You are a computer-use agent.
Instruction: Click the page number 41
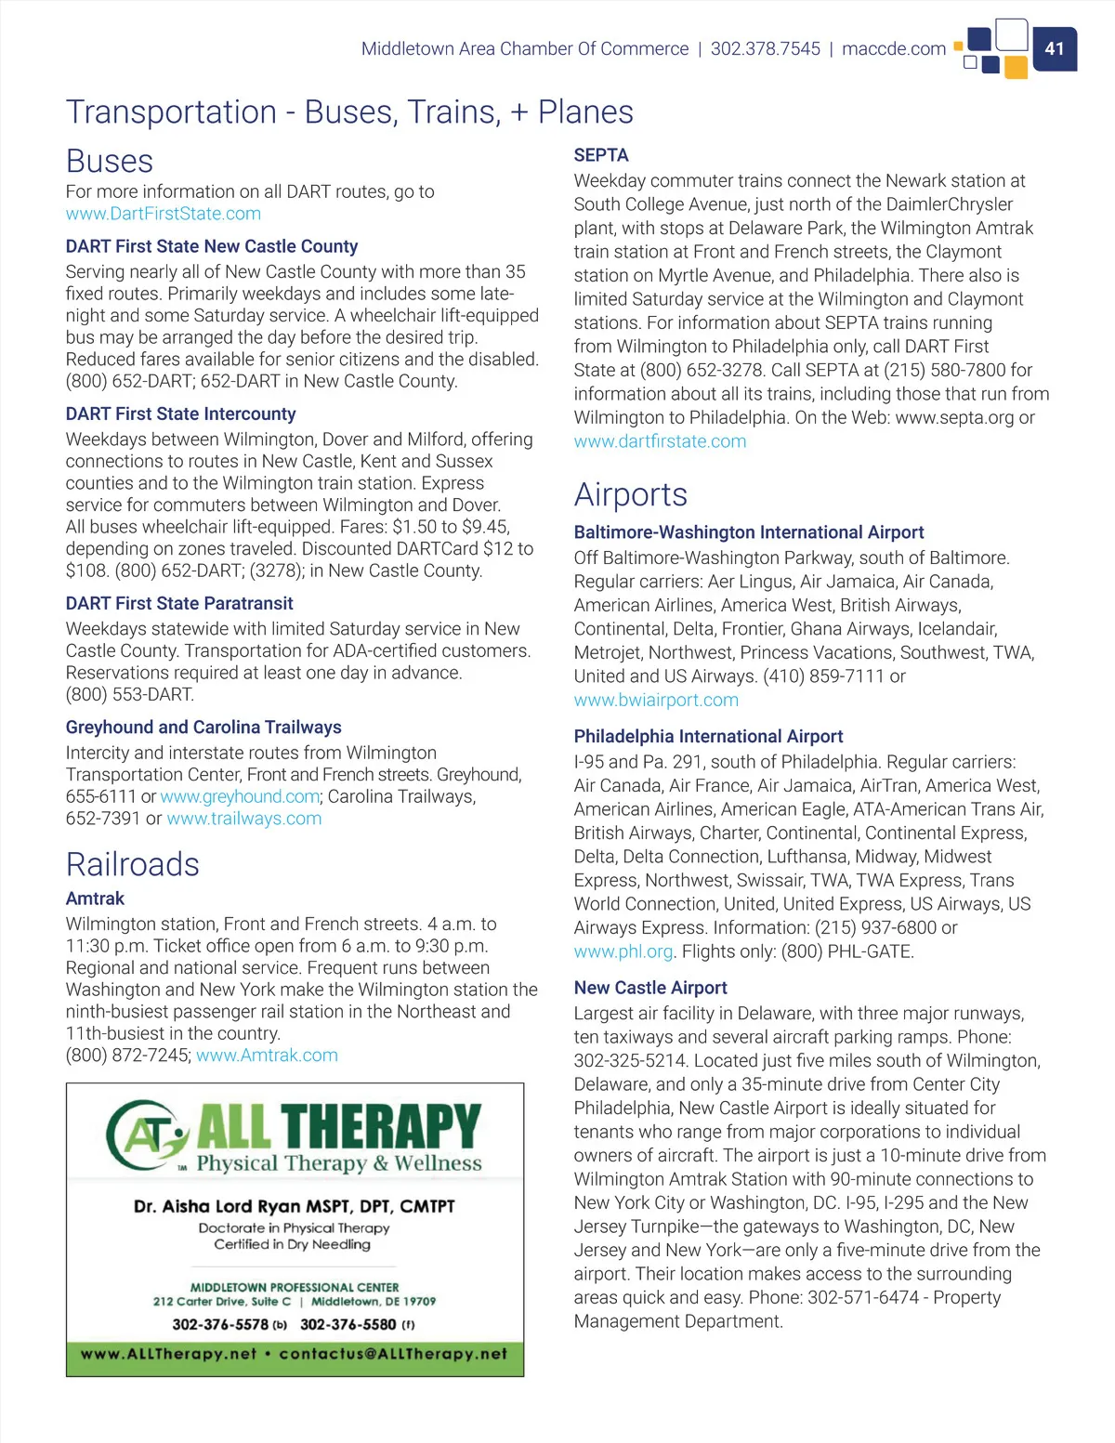click(1054, 48)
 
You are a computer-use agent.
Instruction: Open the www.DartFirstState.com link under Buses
click(164, 214)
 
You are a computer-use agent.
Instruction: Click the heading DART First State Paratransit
click(179, 603)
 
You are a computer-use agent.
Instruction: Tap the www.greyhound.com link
click(240, 796)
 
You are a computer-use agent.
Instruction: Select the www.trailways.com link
click(244, 819)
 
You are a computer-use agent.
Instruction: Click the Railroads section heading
click(133, 864)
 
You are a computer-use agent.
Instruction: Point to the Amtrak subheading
click(95, 899)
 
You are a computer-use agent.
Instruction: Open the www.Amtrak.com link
click(267, 1056)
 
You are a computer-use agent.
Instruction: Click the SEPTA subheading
click(601, 155)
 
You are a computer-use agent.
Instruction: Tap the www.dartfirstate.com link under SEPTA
click(660, 441)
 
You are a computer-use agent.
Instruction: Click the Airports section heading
click(631, 494)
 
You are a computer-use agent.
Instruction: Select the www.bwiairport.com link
click(656, 700)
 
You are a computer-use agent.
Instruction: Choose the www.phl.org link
click(623, 951)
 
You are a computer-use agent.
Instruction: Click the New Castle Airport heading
click(650, 988)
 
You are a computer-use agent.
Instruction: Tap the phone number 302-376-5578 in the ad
click(220, 1324)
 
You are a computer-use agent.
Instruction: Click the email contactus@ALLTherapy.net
click(393, 1354)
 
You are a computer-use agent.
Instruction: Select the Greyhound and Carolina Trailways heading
click(203, 728)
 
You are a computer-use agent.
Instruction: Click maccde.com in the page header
click(893, 48)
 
